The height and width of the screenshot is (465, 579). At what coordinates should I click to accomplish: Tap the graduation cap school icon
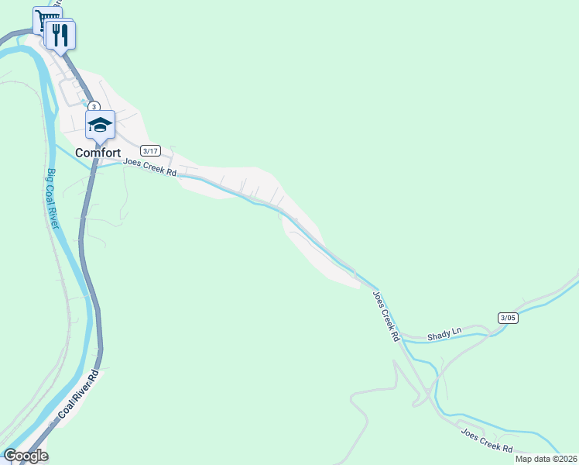pyautogui.click(x=100, y=124)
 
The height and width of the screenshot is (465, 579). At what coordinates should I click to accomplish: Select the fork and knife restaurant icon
pyautogui.click(x=60, y=34)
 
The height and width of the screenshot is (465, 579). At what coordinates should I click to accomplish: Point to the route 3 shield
pyautogui.click(x=93, y=106)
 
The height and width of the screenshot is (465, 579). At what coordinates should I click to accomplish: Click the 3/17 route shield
pyautogui.click(x=150, y=150)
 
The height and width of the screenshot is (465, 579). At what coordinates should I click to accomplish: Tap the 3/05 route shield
pyautogui.click(x=508, y=317)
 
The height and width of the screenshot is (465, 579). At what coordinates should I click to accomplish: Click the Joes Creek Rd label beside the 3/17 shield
pyautogui.click(x=150, y=167)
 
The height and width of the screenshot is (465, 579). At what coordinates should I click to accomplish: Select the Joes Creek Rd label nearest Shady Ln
pyautogui.click(x=385, y=316)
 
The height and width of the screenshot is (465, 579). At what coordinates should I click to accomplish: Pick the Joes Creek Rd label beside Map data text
pyautogui.click(x=487, y=442)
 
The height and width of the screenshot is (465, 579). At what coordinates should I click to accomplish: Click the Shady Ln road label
pyautogui.click(x=445, y=332)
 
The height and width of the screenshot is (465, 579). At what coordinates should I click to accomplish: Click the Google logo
pyautogui.click(x=25, y=456)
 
